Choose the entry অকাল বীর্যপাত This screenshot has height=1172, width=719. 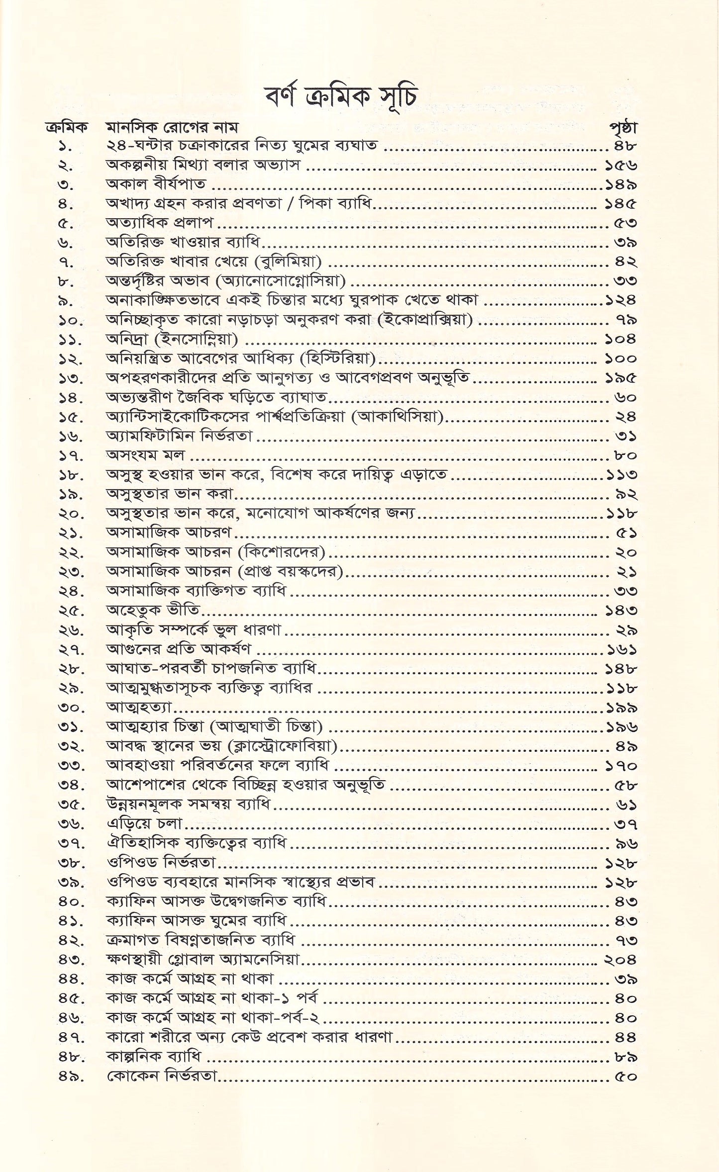156,184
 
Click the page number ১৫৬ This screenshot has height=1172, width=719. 621,165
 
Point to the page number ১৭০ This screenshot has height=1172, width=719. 621,766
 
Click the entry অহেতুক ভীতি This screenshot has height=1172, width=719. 153,610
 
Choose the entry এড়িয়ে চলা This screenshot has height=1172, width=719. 145,824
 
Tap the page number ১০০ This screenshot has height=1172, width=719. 621,359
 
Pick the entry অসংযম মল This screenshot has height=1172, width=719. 145,455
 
